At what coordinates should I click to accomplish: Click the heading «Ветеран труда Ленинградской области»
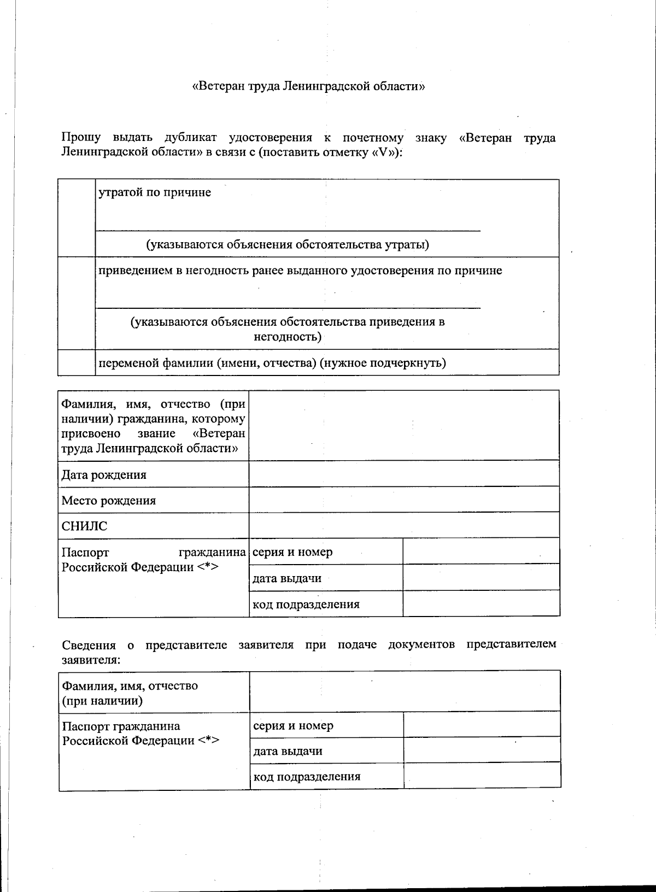309,86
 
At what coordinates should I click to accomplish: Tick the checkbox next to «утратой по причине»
77,218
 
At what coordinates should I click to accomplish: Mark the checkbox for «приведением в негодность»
77,303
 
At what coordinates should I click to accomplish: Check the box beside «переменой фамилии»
77,362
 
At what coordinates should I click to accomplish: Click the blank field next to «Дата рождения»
404,474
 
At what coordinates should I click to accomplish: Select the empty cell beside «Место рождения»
404,500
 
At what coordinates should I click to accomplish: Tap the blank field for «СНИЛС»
404,525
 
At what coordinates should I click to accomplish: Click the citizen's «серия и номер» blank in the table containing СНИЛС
481,551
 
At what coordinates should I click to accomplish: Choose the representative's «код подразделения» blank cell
482,776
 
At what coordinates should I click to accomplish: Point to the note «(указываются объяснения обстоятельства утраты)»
288,244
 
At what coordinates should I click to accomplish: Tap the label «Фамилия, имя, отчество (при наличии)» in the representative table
130,693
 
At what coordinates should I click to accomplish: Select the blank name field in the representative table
405,691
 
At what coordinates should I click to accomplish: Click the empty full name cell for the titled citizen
404,425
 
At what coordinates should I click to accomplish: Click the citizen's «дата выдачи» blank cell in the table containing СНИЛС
481,578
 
